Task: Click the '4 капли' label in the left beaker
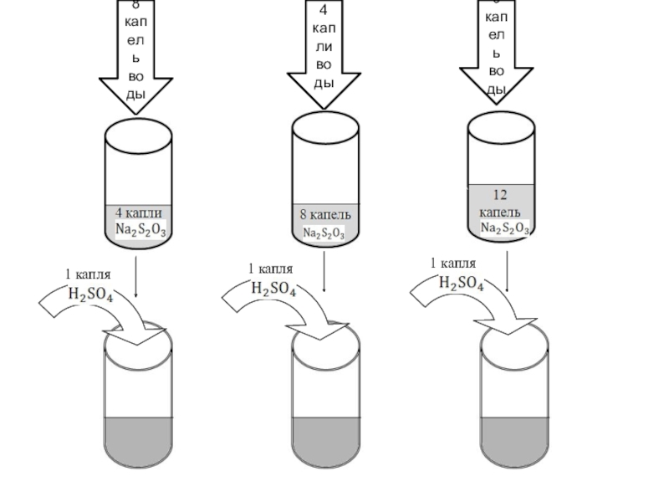click(138, 213)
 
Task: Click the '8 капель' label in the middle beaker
click(324, 217)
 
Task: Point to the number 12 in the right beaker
click(500, 195)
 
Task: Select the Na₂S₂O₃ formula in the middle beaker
click(324, 233)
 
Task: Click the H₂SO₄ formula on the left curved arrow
click(90, 295)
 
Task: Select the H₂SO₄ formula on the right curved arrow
click(461, 284)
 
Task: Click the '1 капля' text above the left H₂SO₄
click(89, 274)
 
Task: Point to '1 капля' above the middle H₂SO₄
click(270, 269)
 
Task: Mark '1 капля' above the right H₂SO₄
click(454, 264)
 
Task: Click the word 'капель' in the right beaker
click(500, 211)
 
